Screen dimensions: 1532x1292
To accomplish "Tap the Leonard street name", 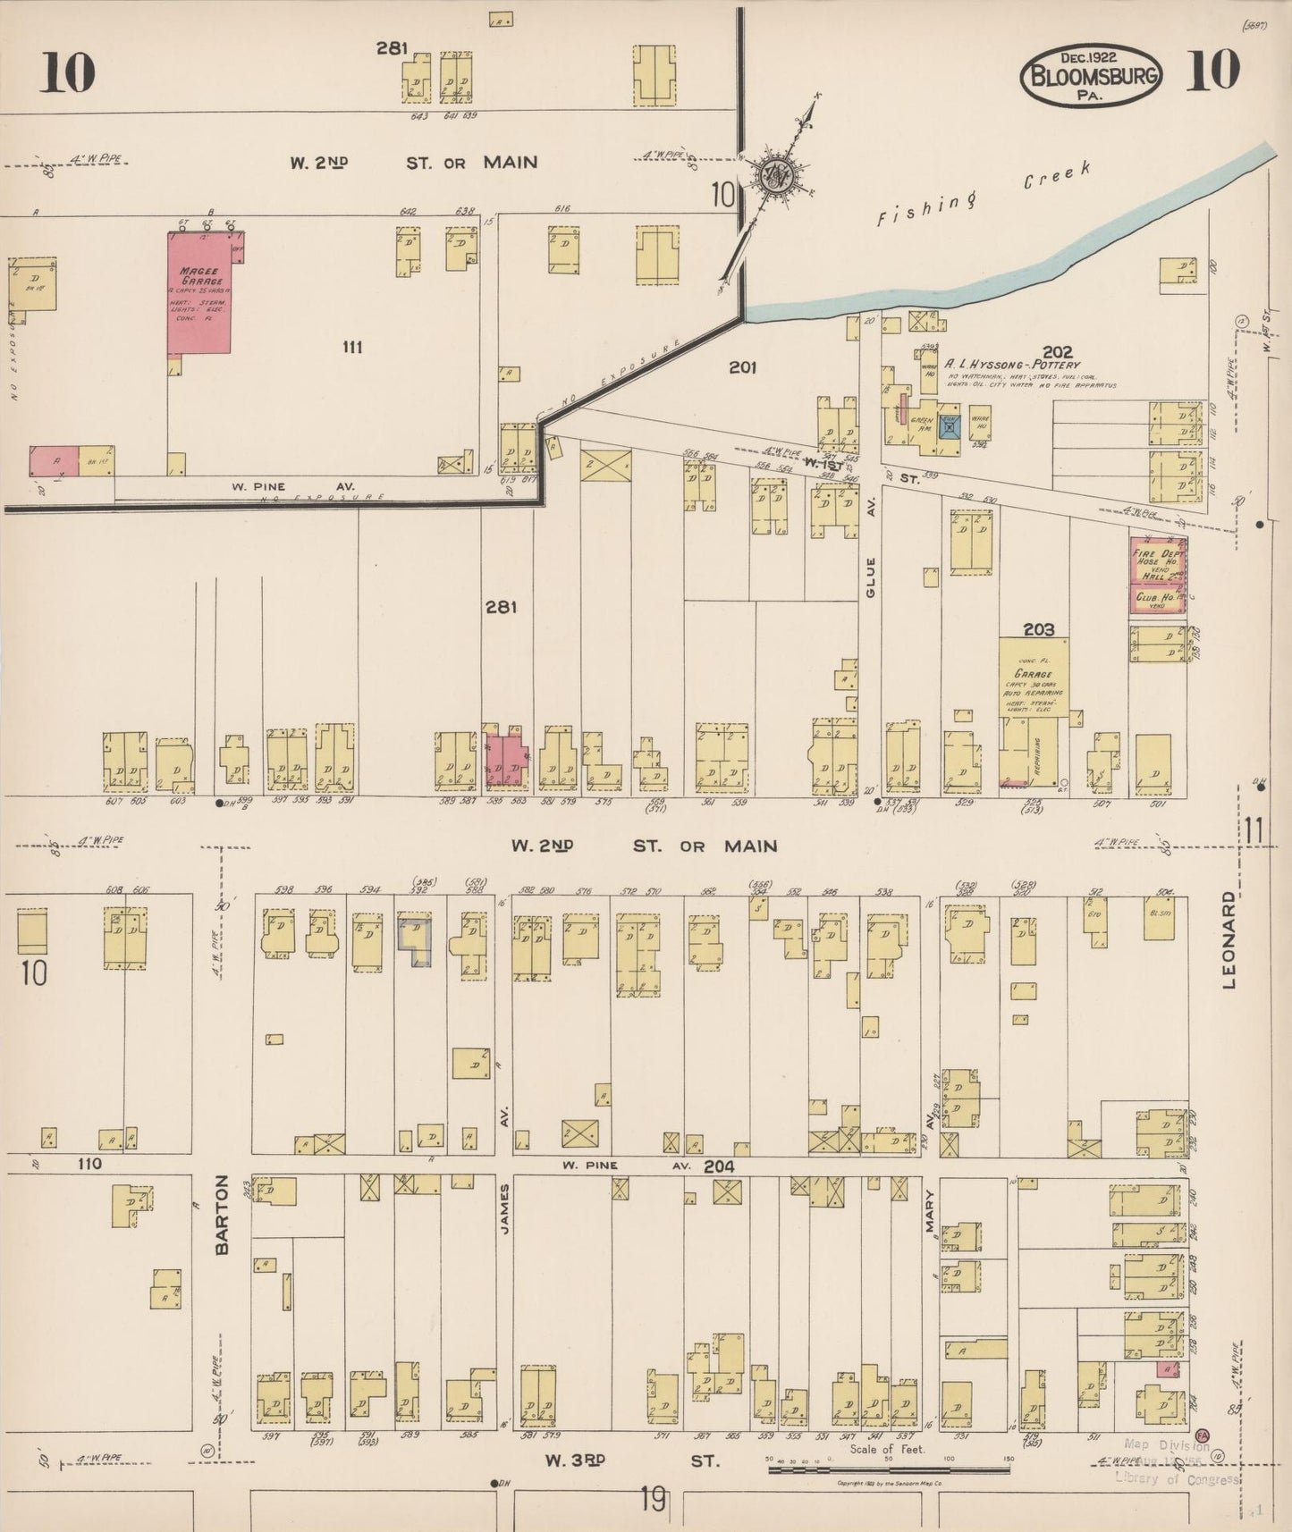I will [1229, 939].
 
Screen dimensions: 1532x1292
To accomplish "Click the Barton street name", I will [223, 1214].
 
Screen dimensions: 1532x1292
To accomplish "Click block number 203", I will [1038, 629].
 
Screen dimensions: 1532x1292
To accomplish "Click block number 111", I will [352, 347].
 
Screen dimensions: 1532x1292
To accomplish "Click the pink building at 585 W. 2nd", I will [505, 760].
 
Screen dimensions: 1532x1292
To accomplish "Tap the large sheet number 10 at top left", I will [67, 72].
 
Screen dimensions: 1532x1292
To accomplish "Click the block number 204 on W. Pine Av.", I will [719, 1166].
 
